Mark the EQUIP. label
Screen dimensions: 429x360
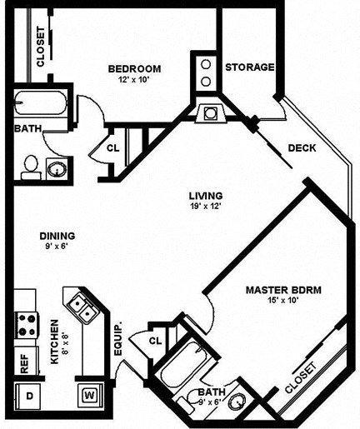(119, 340)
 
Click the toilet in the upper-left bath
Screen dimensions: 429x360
(29, 165)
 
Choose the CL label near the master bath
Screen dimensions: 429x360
(155, 341)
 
